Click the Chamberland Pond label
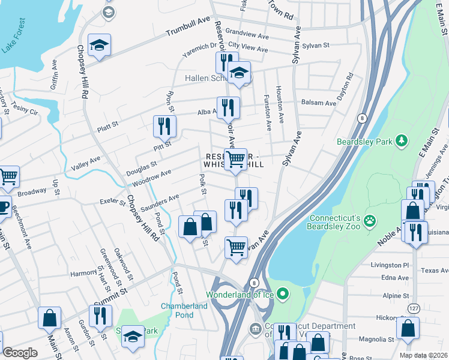click(184, 310)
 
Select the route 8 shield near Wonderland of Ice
click(254, 282)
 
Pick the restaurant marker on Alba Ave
click(228, 107)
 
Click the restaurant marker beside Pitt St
click(164, 126)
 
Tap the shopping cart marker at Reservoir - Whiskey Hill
click(236, 159)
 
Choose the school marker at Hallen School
click(240, 73)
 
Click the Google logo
click(20, 353)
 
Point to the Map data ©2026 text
click(424, 355)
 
